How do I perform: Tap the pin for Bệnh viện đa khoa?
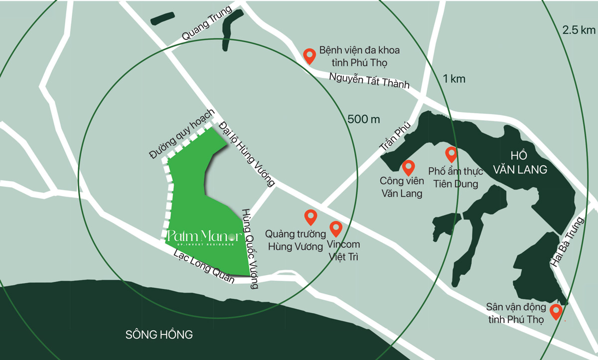309,56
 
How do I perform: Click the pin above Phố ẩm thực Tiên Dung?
451,155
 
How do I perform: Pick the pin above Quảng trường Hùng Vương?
311,217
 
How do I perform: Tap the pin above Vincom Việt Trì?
336,228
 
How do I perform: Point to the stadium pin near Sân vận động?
556,312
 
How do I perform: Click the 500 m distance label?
364,119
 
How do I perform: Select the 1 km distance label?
454,78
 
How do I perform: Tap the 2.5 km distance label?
579,30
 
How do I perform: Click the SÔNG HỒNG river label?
159,334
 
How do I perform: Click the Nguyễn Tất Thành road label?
369,80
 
